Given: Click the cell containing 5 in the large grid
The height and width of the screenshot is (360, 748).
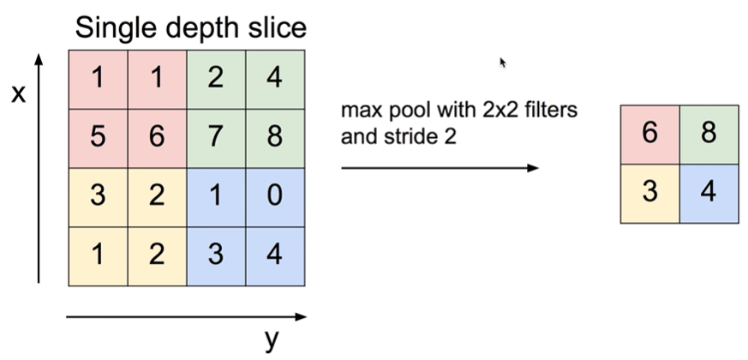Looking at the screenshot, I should pyautogui.click(x=98, y=138).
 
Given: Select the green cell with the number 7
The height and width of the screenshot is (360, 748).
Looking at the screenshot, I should pyautogui.click(x=216, y=138).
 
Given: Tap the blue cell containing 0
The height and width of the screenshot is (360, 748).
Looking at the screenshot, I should pyautogui.click(x=275, y=196).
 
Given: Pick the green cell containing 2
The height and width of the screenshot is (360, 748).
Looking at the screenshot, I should pyautogui.click(x=216, y=80).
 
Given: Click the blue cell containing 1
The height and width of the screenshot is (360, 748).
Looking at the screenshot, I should pyautogui.click(x=216, y=196).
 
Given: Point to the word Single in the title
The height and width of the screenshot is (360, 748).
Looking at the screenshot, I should pyautogui.click(x=117, y=28).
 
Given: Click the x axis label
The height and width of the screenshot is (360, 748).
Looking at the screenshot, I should pyautogui.click(x=17, y=93).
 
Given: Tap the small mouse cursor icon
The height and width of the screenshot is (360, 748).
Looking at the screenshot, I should pyautogui.click(x=503, y=62).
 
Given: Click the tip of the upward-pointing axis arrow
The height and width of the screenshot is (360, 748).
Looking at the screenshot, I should pyautogui.click(x=39, y=56).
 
